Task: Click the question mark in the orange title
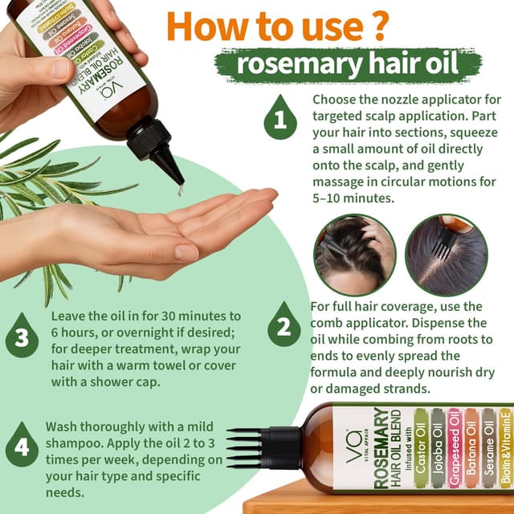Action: [x=369, y=27]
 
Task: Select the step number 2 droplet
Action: [x=284, y=326]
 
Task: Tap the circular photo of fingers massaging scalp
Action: [x=354, y=255]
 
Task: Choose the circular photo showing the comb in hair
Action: [x=446, y=255]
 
